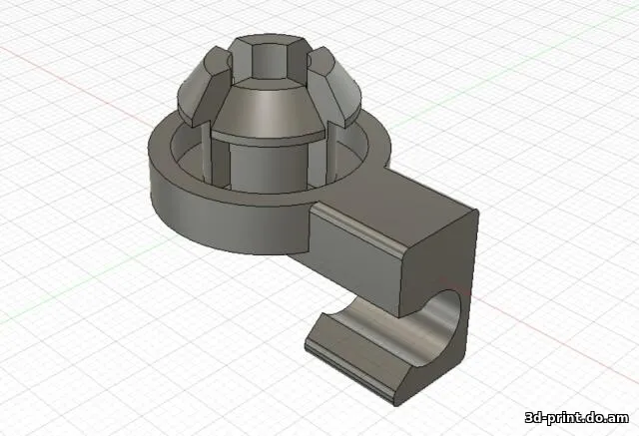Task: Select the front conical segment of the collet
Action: pos(268,111)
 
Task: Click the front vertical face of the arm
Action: pos(354,259)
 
